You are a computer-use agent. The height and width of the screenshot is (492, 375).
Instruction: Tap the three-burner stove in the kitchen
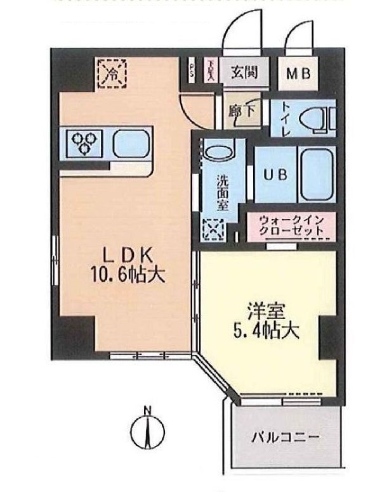click(84, 143)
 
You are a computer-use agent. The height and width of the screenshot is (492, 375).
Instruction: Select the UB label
click(274, 172)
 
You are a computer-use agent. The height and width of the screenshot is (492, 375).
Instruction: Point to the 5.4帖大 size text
click(265, 331)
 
